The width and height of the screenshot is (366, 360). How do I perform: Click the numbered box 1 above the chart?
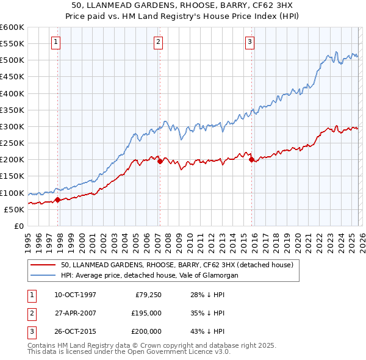point(56,42)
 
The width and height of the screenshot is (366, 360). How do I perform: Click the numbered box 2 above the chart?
point(158,42)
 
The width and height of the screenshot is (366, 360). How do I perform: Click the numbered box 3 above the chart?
point(250,42)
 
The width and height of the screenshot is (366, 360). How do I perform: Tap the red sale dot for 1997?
point(57,200)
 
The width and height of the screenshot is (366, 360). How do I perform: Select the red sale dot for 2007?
point(160,162)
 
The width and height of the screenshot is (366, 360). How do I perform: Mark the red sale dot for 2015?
point(251,160)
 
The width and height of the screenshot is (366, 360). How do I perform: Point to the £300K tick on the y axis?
point(12,126)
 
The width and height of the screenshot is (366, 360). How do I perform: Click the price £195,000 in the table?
point(146,313)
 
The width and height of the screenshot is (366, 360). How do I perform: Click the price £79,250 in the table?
point(148,295)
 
